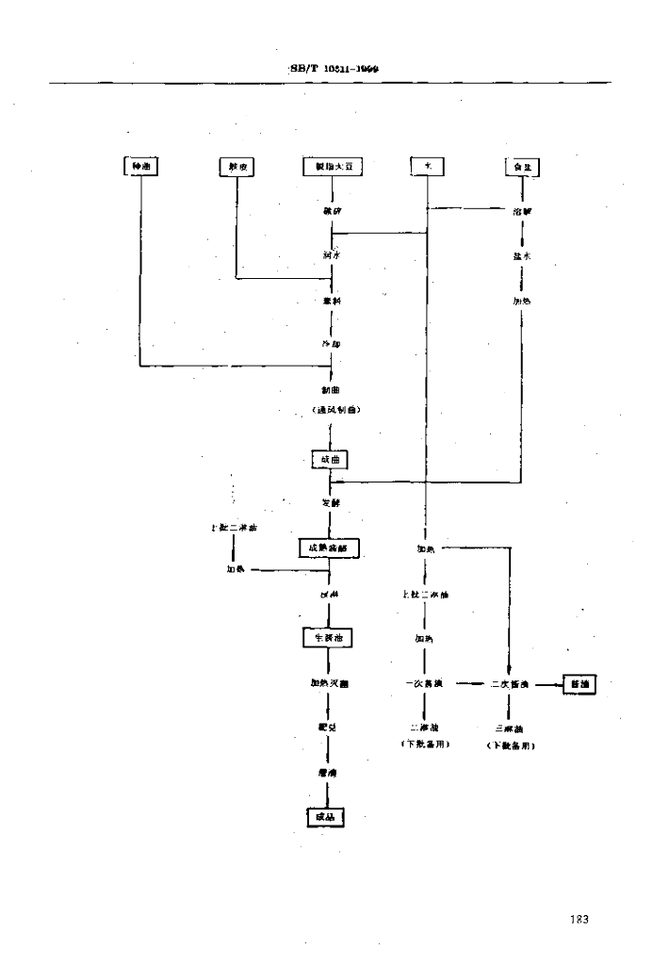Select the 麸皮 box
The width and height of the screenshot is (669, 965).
coord(236,167)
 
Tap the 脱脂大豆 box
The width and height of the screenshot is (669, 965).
coord(333,167)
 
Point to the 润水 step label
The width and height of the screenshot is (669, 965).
coord(331,255)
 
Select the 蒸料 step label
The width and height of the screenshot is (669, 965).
coord(331,302)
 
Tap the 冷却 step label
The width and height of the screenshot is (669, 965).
coord(331,345)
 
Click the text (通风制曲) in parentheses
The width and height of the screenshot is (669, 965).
coord(331,411)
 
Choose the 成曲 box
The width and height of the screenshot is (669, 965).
coord(331,459)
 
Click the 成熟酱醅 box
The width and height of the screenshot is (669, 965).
coord(330,548)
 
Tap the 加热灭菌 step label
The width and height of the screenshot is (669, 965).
coord(330,683)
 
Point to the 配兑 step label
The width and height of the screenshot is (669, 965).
coord(330,728)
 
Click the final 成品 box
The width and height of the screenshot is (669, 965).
coord(325,818)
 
